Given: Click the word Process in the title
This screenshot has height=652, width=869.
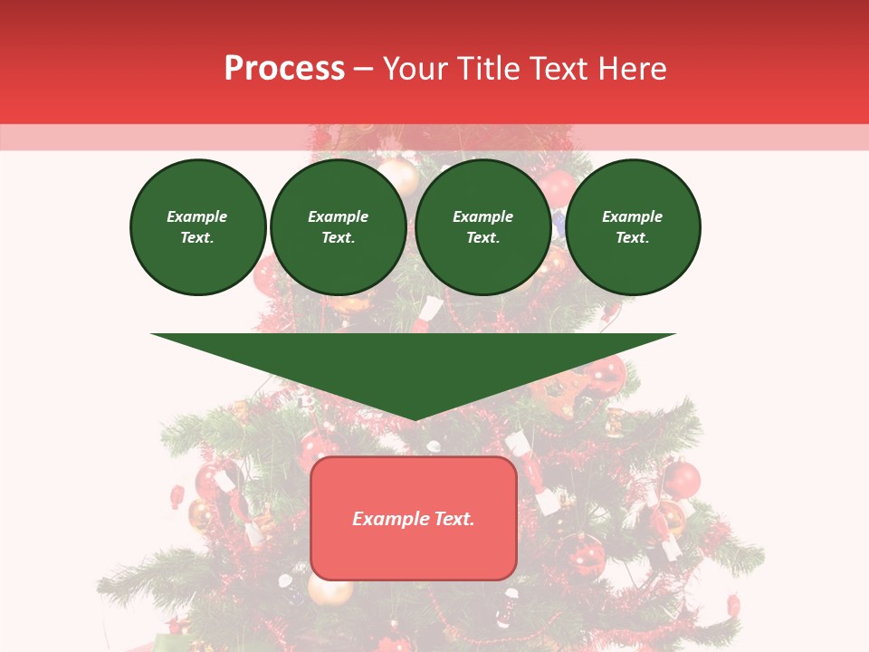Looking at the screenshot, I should [x=284, y=69].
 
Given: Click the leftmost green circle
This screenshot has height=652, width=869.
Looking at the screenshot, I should [x=198, y=227].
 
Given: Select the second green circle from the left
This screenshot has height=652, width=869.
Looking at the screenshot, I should [x=339, y=227].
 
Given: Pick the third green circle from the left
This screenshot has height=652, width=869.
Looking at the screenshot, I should [x=483, y=227].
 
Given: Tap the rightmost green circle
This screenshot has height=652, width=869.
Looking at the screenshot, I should [x=633, y=227].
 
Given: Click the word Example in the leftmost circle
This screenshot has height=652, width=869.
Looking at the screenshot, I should [x=197, y=216].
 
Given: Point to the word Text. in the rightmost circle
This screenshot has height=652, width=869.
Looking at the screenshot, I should [x=633, y=238].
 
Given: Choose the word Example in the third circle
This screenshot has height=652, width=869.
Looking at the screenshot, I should [x=483, y=216].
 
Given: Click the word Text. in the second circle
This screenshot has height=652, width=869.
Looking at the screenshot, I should [x=339, y=238].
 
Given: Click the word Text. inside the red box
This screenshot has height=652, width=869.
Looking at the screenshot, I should [x=454, y=519].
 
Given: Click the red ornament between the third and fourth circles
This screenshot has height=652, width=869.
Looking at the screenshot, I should [x=559, y=187].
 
